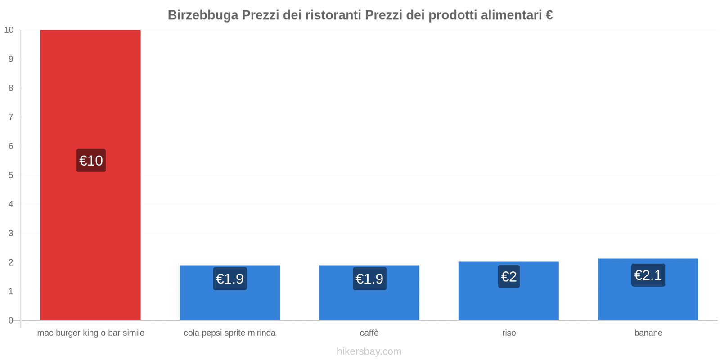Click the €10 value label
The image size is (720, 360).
pos(91,161)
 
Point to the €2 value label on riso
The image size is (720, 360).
pos(509,276)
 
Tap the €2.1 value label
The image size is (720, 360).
pos(648,275)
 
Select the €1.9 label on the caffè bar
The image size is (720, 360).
pos(369,279)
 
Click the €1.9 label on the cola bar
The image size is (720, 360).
pos(230,279)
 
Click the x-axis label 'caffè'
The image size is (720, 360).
pos(369,333)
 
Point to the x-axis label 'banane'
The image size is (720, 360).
pos(648,333)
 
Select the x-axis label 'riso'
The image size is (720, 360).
pos(509,333)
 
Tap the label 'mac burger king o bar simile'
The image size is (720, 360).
pos(90,333)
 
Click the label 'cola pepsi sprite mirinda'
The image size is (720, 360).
pos(229,333)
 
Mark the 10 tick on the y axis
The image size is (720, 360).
pos(9,30)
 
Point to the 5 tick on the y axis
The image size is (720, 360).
pos(11,175)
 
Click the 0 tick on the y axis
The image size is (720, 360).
pos(11,320)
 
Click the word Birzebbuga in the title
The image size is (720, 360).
pos(203,15)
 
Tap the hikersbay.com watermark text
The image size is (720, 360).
pos(369,351)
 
